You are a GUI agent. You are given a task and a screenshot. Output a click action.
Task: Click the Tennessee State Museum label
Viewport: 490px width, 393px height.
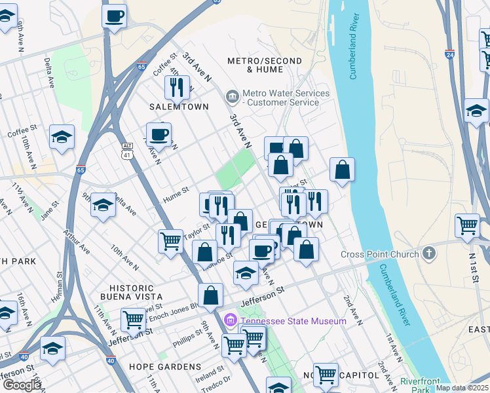pos(293,321)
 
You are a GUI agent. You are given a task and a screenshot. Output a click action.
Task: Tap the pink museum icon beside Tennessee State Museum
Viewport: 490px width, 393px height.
pos(230,320)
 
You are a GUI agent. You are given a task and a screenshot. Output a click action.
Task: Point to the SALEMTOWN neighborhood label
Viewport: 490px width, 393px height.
pos(179,107)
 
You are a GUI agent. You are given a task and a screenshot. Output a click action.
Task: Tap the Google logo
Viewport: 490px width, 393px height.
pos(21,385)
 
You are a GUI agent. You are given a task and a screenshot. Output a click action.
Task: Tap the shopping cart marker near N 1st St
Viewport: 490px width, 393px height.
pos(467,225)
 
